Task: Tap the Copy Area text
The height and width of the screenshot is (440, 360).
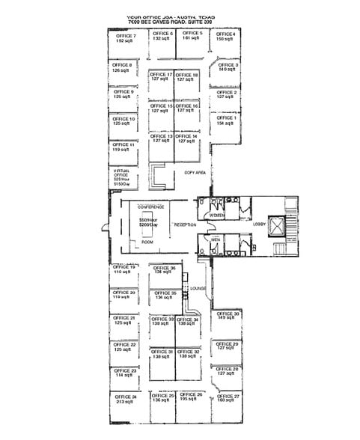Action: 195,172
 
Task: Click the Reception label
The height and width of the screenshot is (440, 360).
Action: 185,224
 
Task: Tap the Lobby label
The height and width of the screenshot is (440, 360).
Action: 259,224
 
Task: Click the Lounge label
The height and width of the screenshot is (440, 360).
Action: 198,287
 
